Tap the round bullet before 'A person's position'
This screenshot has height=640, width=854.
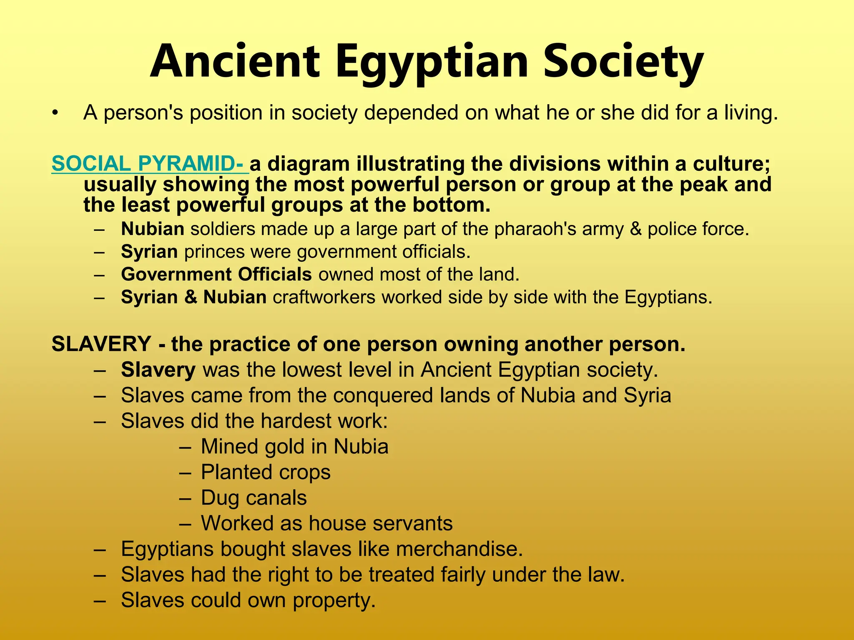55,113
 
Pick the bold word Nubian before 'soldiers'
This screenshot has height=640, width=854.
153,229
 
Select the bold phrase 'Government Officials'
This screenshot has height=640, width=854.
216,274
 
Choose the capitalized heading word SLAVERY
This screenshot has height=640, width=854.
101,344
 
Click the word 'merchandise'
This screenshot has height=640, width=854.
459,549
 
